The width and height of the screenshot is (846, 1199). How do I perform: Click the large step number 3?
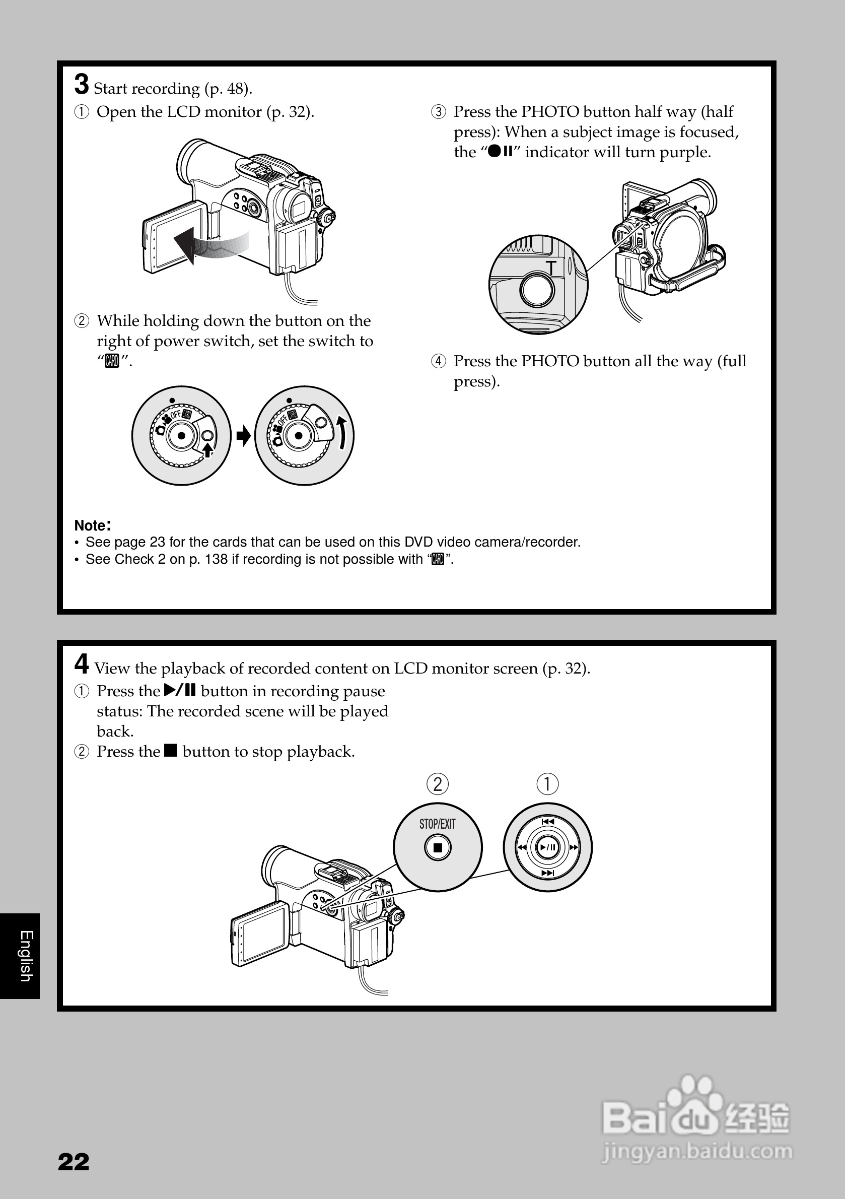click(82, 85)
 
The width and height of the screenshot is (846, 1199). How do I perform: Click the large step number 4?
click(82, 664)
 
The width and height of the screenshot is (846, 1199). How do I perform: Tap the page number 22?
click(74, 1162)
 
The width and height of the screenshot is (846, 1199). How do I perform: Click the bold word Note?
click(90, 525)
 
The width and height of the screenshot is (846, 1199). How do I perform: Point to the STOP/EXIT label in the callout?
click(438, 824)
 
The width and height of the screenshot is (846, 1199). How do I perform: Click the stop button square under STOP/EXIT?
click(438, 847)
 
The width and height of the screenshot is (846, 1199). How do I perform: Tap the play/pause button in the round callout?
click(547, 847)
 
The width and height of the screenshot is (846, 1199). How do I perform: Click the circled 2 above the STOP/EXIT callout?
click(438, 784)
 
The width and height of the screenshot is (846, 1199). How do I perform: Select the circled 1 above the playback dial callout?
click(547, 784)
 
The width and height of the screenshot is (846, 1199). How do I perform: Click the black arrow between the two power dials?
click(243, 436)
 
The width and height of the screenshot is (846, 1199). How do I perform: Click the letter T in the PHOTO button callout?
click(551, 268)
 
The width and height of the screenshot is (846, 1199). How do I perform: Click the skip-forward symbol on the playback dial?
click(547, 873)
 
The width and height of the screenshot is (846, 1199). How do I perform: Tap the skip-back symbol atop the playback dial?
click(547, 822)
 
